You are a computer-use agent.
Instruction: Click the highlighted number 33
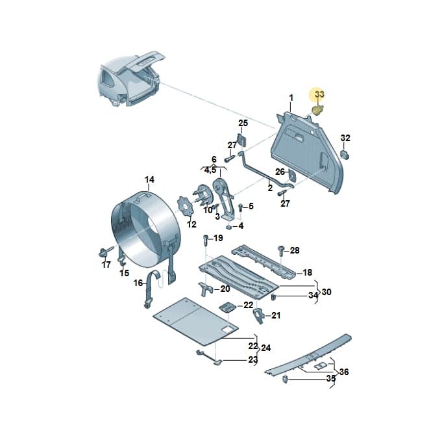(319, 94)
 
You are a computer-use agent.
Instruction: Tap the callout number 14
(149, 179)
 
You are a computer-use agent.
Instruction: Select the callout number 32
(345, 138)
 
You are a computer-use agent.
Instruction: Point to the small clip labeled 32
(345, 155)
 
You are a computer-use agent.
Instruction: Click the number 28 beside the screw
(295, 250)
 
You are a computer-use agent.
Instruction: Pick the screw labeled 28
(281, 251)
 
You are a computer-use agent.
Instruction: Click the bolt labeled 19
(206, 240)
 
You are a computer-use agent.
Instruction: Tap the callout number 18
(307, 272)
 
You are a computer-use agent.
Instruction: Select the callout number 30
(326, 292)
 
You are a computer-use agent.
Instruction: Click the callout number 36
(344, 372)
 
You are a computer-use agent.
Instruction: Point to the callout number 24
(266, 348)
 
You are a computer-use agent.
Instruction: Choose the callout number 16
(138, 283)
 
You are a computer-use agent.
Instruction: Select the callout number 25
(243, 123)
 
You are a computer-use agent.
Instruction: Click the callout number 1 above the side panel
(291, 98)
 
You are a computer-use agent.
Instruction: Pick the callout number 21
(276, 315)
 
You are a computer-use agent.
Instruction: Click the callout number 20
(225, 289)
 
